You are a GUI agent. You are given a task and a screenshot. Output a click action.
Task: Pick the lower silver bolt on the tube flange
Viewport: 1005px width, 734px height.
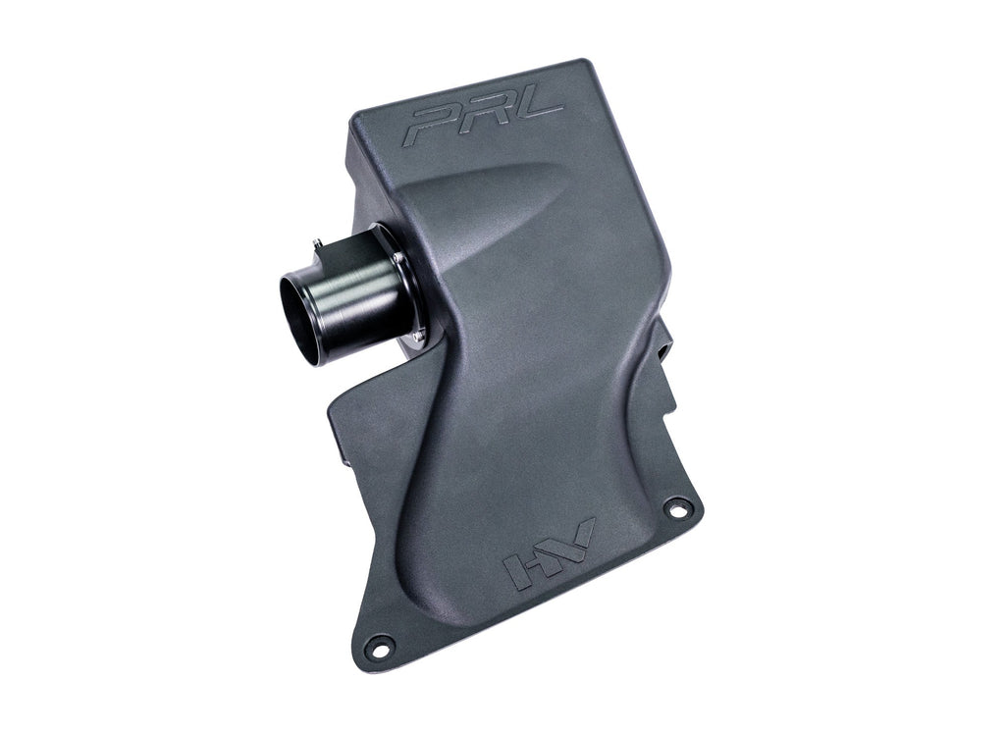click(420, 336)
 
